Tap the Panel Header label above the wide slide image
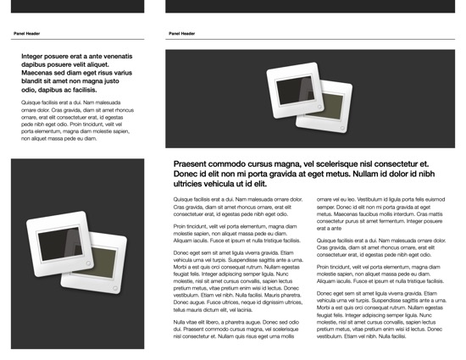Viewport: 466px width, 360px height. coord(181,34)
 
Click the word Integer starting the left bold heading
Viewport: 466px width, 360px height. coord(36,55)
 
